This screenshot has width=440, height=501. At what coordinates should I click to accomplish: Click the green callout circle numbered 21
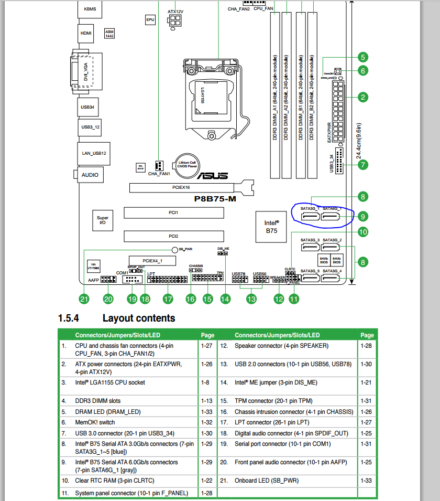(x=84, y=300)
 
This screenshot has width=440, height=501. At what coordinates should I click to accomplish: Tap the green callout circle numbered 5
(x=362, y=57)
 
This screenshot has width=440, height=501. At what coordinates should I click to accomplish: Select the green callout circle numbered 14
(x=225, y=300)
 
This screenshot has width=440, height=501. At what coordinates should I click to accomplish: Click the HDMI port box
(x=86, y=33)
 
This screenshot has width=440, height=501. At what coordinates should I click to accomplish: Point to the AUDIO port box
(x=89, y=175)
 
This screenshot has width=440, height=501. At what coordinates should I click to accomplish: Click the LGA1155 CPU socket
(x=209, y=98)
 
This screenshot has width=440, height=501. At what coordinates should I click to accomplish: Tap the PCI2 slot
(x=173, y=236)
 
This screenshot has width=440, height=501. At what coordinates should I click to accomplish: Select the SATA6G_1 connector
(x=332, y=215)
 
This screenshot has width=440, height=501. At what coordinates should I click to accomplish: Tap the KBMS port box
(x=90, y=9)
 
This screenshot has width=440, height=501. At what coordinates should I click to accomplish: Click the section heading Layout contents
(x=139, y=318)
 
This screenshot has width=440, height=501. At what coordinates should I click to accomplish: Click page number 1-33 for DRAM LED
(x=206, y=412)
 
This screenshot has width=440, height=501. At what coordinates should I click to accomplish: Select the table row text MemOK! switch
(x=95, y=422)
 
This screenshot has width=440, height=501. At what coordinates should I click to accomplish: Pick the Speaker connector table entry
(x=281, y=346)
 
